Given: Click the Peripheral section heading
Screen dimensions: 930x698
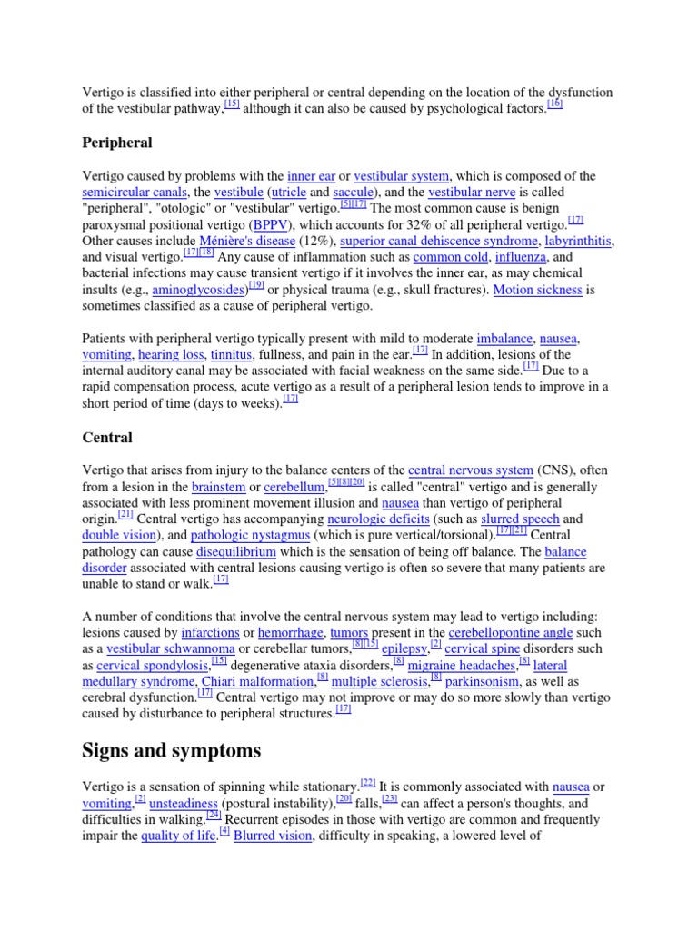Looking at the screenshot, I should point(117,143).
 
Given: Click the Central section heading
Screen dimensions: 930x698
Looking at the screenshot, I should point(107,437).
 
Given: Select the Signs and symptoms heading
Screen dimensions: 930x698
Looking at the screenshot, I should point(172,750).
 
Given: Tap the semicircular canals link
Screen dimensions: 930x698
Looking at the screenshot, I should point(135,193).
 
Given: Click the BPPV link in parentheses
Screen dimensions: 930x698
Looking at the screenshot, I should point(269,225).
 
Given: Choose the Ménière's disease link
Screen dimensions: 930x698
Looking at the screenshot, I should point(247,242).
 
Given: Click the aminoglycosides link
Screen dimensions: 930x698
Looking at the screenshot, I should point(199,291).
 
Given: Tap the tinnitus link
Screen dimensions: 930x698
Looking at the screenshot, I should point(231,355).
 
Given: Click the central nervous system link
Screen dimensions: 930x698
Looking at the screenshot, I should point(470,470).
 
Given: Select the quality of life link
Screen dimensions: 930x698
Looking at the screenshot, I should point(179,836).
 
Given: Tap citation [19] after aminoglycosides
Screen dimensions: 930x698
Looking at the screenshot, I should point(255,285).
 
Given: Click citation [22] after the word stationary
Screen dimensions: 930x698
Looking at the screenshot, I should point(367,782).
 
